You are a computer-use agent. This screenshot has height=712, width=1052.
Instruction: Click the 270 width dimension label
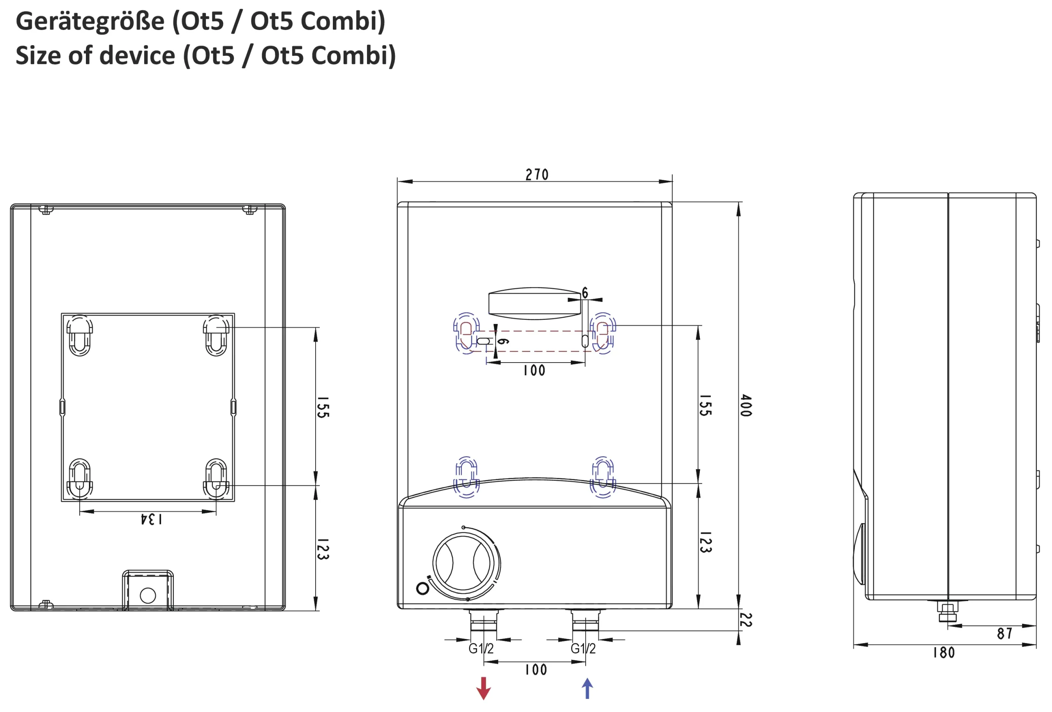pos(537,175)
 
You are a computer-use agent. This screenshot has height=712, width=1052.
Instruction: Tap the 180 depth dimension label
pos(944,653)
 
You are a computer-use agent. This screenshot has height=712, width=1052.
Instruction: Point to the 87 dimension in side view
pos(1004,634)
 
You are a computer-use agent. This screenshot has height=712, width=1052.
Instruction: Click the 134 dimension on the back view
pos(151,519)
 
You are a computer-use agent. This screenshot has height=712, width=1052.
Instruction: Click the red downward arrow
pos(483,688)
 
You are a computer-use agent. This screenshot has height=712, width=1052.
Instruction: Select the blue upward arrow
pos(587,688)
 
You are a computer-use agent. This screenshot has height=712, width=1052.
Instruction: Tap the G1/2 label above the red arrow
pos(481,649)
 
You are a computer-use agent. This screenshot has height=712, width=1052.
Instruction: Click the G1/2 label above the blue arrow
pos(583,649)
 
